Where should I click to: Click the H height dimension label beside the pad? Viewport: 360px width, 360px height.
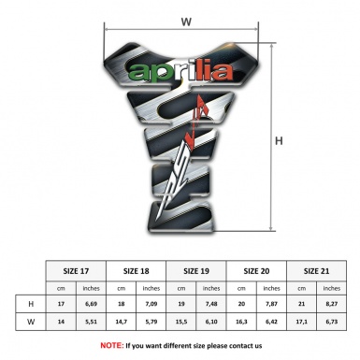278,142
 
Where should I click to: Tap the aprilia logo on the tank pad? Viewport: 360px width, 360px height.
181,71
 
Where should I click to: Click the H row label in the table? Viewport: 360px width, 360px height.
31,305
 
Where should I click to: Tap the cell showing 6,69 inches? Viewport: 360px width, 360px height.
92,305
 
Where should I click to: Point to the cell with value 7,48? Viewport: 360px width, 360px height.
212,305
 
